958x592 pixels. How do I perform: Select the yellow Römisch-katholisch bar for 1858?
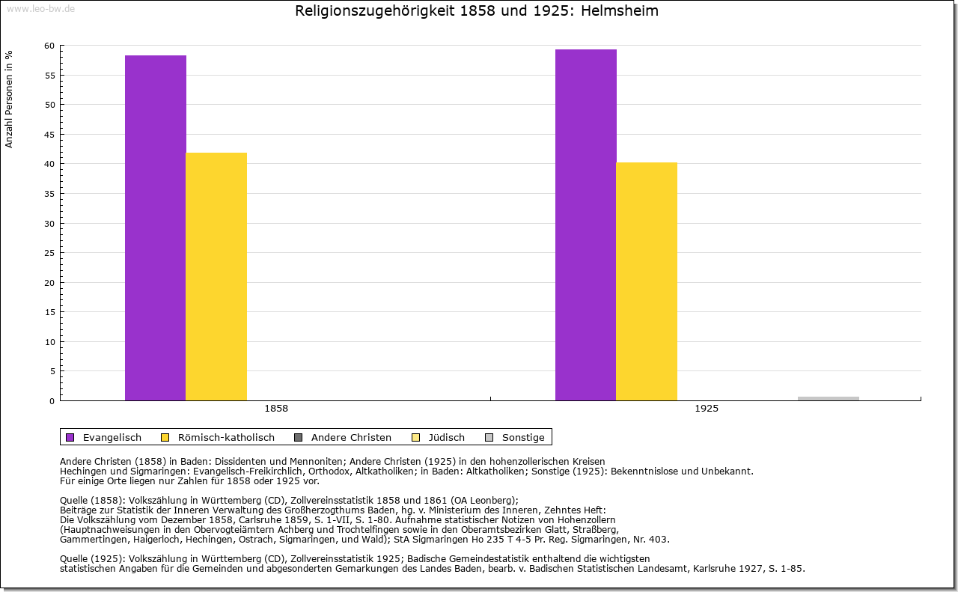216,276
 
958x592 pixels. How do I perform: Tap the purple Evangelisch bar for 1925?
586,225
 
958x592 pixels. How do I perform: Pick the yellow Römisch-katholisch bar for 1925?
647,281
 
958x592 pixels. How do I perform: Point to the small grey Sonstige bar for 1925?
829,398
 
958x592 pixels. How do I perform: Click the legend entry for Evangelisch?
112,437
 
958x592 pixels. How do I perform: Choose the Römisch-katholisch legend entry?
225,437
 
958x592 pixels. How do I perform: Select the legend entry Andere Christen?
350,437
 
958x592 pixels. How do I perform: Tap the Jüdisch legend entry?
445,437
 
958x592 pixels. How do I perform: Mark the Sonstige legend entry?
522,437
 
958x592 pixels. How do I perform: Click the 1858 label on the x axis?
276,409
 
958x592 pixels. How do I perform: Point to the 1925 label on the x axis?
707,409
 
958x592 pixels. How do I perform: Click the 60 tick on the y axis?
49,46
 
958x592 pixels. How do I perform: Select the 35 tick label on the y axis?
49,194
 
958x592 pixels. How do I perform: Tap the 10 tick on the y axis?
49,342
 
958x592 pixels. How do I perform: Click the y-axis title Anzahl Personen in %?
9,99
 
